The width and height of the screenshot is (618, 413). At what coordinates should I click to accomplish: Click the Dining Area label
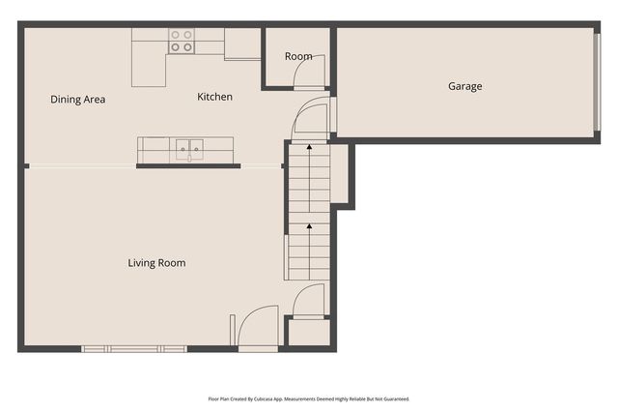(77, 100)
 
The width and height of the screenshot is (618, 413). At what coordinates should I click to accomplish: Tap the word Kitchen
(214, 97)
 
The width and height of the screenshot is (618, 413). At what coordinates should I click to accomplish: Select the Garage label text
(464, 86)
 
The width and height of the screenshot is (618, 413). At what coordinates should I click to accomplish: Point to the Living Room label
(156, 263)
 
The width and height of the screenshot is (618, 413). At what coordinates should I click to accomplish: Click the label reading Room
(298, 56)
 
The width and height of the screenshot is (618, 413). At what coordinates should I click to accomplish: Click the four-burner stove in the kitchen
(182, 41)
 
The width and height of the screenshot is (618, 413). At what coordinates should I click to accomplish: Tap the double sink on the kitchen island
(188, 150)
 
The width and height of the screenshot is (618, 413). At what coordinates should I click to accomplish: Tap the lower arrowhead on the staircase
(309, 227)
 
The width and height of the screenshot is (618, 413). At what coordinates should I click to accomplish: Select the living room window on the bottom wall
(134, 348)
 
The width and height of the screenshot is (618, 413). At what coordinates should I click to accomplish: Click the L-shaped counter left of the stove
(150, 60)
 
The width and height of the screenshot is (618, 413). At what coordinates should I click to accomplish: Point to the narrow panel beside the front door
(232, 329)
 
